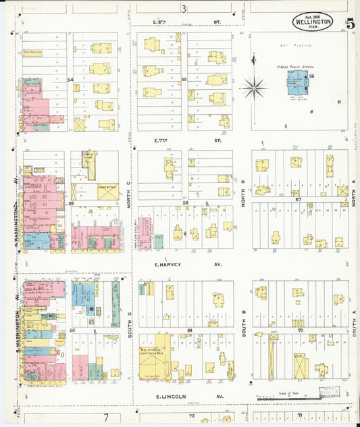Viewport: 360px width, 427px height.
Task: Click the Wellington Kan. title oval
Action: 313,21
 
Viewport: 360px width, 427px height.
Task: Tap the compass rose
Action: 253,86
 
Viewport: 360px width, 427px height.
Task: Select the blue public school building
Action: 297,83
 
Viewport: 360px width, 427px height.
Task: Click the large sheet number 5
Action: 350,22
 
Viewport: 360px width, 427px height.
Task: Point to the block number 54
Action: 70,80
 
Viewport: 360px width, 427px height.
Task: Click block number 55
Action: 184,80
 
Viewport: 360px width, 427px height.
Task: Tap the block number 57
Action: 297,199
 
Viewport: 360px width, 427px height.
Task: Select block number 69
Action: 190,330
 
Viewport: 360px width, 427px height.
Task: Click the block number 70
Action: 302,330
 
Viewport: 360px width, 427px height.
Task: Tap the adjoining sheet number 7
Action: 105,418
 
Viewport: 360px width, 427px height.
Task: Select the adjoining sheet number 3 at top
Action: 183,8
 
